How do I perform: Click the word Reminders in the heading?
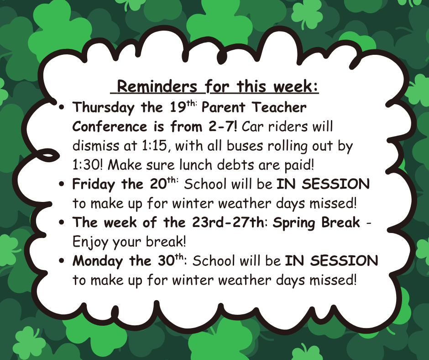coord(157,86)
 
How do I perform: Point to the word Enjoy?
coord(90,243)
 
